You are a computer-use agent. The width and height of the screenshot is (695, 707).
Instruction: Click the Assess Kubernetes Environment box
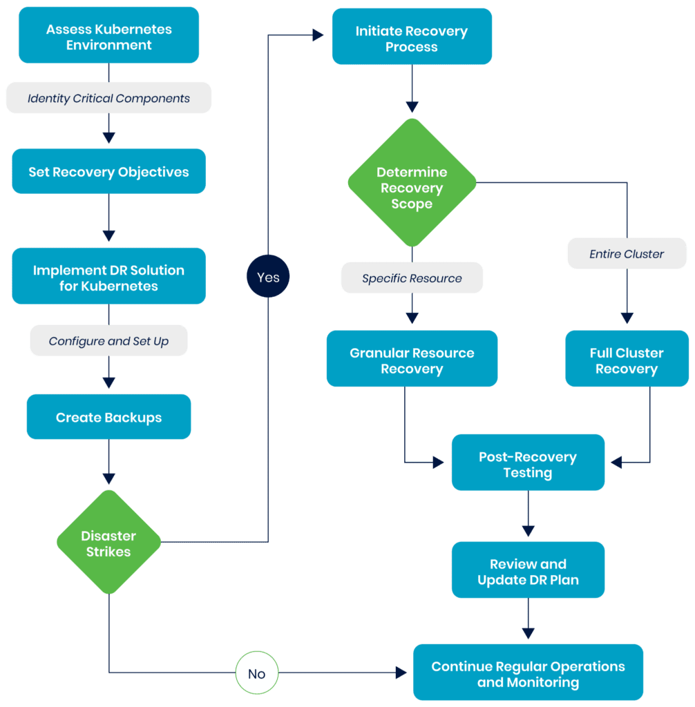point(108,37)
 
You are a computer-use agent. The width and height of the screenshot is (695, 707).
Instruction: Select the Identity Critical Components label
point(108,98)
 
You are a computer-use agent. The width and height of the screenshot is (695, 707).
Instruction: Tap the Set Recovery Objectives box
point(108,172)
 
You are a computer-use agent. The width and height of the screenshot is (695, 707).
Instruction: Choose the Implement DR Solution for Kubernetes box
point(108,278)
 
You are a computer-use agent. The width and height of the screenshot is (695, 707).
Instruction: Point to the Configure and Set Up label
point(108,341)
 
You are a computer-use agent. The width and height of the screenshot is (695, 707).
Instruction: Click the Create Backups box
point(108,417)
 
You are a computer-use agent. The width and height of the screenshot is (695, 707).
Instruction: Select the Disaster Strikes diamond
point(108,543)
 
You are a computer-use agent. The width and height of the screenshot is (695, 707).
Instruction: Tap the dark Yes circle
point(268,277)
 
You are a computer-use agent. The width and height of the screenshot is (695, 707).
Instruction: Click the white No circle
point(256,673)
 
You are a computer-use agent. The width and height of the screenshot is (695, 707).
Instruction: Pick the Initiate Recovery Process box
point(412,39)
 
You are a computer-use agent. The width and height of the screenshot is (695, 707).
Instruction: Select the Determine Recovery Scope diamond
point(412,187)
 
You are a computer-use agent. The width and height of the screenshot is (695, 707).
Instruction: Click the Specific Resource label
point(412,279)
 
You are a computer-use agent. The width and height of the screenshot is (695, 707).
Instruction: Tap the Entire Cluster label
point(627,254)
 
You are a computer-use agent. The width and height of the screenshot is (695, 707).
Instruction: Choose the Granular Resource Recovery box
point(412,360)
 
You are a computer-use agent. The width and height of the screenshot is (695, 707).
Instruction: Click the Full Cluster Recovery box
point(627,360)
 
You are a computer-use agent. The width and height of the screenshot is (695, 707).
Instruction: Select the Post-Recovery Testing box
point(528,464)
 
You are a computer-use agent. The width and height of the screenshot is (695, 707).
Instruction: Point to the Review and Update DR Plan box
point(528,571)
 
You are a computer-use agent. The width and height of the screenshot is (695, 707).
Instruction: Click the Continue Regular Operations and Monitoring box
point(528,673)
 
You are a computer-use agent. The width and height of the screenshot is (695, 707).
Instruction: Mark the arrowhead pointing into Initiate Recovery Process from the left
point(318,35)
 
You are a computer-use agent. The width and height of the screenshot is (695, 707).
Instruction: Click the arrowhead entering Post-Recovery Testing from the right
point(615,462)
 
